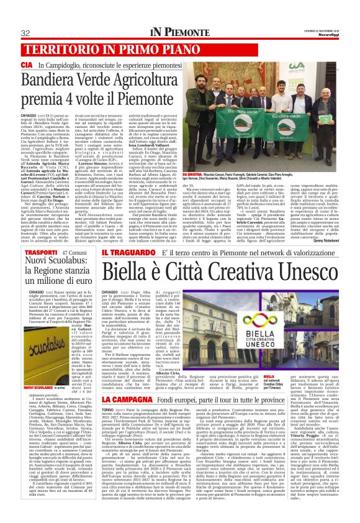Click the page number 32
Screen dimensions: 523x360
coord(26,33)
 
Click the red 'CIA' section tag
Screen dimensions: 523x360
coord(27,65)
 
